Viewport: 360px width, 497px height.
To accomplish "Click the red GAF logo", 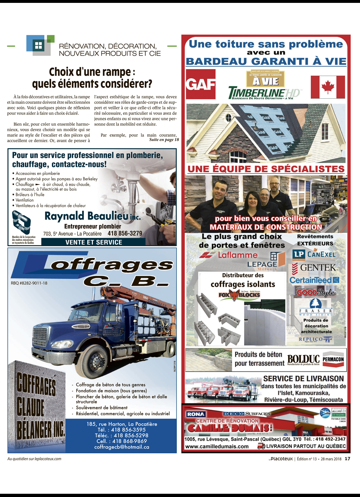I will tap(201, 85).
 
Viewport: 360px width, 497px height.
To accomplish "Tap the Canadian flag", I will tap(328, 87).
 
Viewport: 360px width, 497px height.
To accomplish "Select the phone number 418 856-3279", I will tap(125, 233).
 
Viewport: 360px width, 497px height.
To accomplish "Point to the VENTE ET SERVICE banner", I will tap(94, 242).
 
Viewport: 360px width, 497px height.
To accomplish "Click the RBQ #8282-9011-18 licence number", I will tap(29, 283).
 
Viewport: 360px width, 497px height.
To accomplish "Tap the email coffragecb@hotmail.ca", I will tap(122, 447).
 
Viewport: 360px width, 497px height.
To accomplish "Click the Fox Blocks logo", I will tap(239, 295).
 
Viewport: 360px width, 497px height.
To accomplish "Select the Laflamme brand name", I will tap(238, 255).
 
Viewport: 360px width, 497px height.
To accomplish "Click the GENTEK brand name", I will tap(318, 267).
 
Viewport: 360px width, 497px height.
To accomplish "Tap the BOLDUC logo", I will tap(303, 359).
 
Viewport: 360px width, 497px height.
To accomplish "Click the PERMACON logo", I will tap(333, 359).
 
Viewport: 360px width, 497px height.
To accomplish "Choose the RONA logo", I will tap(196, 414).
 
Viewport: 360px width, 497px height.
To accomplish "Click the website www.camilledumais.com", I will tap(217, 446).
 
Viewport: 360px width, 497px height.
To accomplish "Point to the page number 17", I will tap(347, 458).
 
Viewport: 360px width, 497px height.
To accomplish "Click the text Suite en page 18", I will tap(164, 140).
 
